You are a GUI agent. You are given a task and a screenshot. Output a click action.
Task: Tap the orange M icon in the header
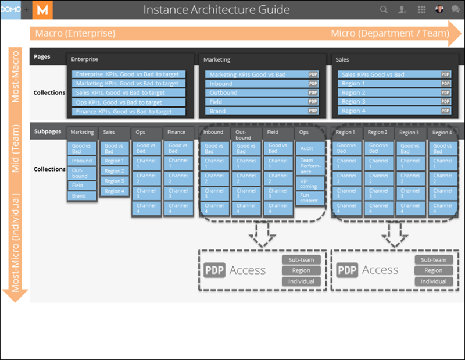42,10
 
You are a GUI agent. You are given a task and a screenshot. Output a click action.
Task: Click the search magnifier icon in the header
384,10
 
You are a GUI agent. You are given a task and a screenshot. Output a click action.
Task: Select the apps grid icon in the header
421,10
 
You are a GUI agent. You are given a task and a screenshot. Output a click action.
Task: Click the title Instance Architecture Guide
216,10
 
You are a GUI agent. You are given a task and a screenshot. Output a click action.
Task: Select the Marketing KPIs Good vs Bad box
256,74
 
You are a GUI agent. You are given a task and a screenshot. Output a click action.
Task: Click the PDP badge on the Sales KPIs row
446,74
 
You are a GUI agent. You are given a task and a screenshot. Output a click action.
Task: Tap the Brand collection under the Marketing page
256,111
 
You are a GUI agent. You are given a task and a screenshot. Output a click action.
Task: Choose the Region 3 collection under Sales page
388,102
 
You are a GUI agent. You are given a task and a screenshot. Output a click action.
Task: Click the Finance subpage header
178,133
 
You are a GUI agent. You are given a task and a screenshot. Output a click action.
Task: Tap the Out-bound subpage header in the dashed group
246,135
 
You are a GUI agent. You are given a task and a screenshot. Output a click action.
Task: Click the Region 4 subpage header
442,133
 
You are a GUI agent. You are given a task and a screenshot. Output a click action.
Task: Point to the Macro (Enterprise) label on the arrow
75,33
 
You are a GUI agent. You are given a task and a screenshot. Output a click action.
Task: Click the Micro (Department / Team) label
389,33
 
